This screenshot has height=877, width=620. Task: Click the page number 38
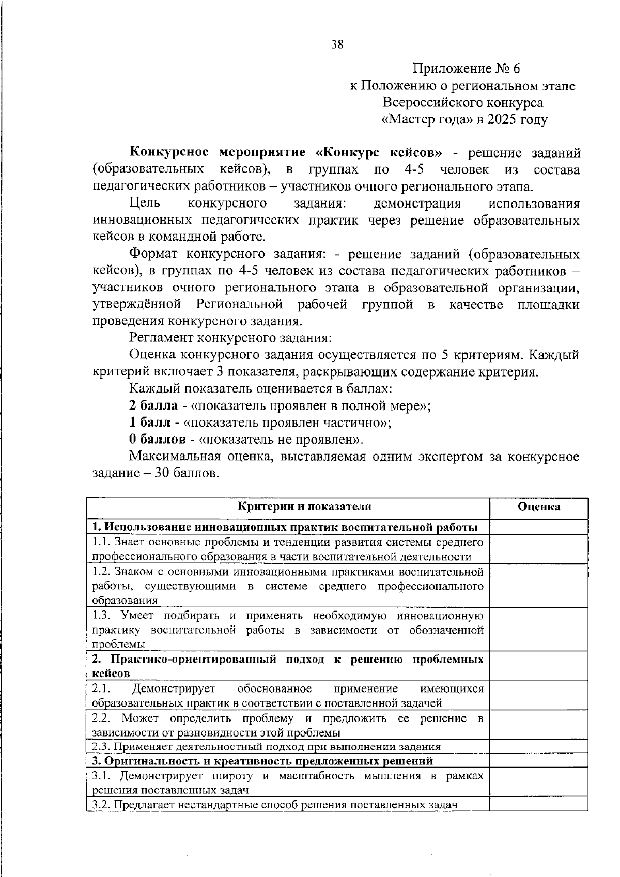[337, 44]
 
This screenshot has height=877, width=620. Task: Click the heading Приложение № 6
[465, 69]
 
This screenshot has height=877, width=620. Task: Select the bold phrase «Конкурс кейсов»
[378, 153]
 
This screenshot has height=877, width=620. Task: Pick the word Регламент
[162, 338]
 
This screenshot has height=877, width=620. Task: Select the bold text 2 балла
[153, 405]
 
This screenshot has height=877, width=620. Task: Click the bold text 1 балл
[150, 422]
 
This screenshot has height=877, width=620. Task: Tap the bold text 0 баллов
[157, 440]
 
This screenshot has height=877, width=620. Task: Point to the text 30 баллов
[185, 473]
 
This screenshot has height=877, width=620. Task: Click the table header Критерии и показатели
[304, 506]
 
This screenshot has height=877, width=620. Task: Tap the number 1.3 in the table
[102, 615]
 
